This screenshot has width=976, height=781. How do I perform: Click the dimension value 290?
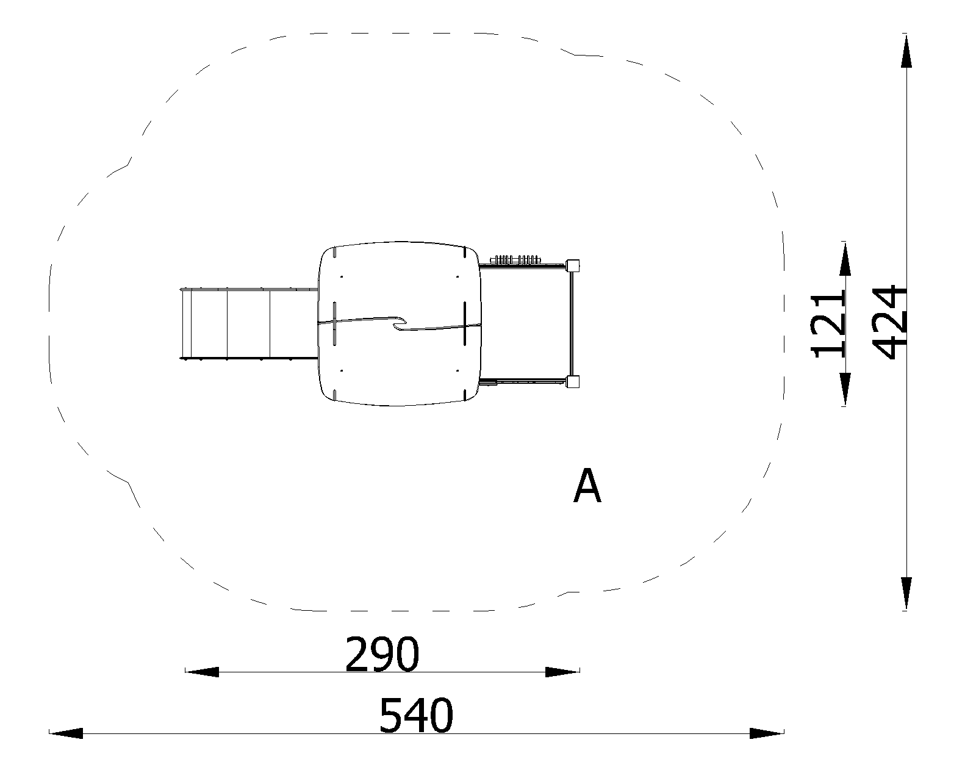[x=382, y=654]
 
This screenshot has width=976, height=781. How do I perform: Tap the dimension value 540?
[x=416, y=716]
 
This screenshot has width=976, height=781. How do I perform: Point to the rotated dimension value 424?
[x=890, y=322]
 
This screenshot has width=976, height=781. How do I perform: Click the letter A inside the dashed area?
[x=587, y=486]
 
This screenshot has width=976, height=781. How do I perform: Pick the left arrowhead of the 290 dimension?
[x=202, y=672]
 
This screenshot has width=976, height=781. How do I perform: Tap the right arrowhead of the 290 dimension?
[x=562, y=672]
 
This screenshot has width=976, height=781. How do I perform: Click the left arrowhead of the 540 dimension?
[x=66, y=733]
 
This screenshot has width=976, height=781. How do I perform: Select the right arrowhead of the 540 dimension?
[x=767, y=733]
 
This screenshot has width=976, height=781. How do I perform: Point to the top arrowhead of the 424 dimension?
[x=906, y=51]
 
